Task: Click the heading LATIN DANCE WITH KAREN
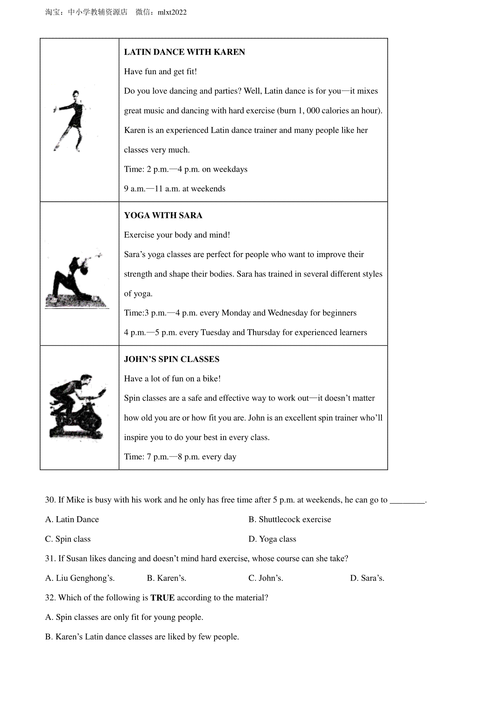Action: click(x=184, y=52)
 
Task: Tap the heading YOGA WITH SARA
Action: click(x=163, y=216)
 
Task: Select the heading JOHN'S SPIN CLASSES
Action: click(x=171, y=359)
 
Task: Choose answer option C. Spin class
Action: click(x=68, y=539)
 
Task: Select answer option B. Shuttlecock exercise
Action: click(x=290, y=520)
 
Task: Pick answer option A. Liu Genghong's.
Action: click(x=80, y=578)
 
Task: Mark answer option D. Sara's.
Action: click(x=367, y=578)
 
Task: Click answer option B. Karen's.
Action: click(x=166, y=578)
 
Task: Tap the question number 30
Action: click(x=50, y=500)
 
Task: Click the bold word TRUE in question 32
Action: click(x=162, y=598)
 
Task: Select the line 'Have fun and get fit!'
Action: click(x=160, y=72)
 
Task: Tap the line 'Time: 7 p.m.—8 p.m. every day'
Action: click(x=180, y=457)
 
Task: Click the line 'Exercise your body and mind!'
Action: click(x=177, y=235)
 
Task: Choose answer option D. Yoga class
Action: click(x=272, y=539)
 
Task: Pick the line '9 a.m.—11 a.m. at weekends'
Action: click(x=174, y=189)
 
